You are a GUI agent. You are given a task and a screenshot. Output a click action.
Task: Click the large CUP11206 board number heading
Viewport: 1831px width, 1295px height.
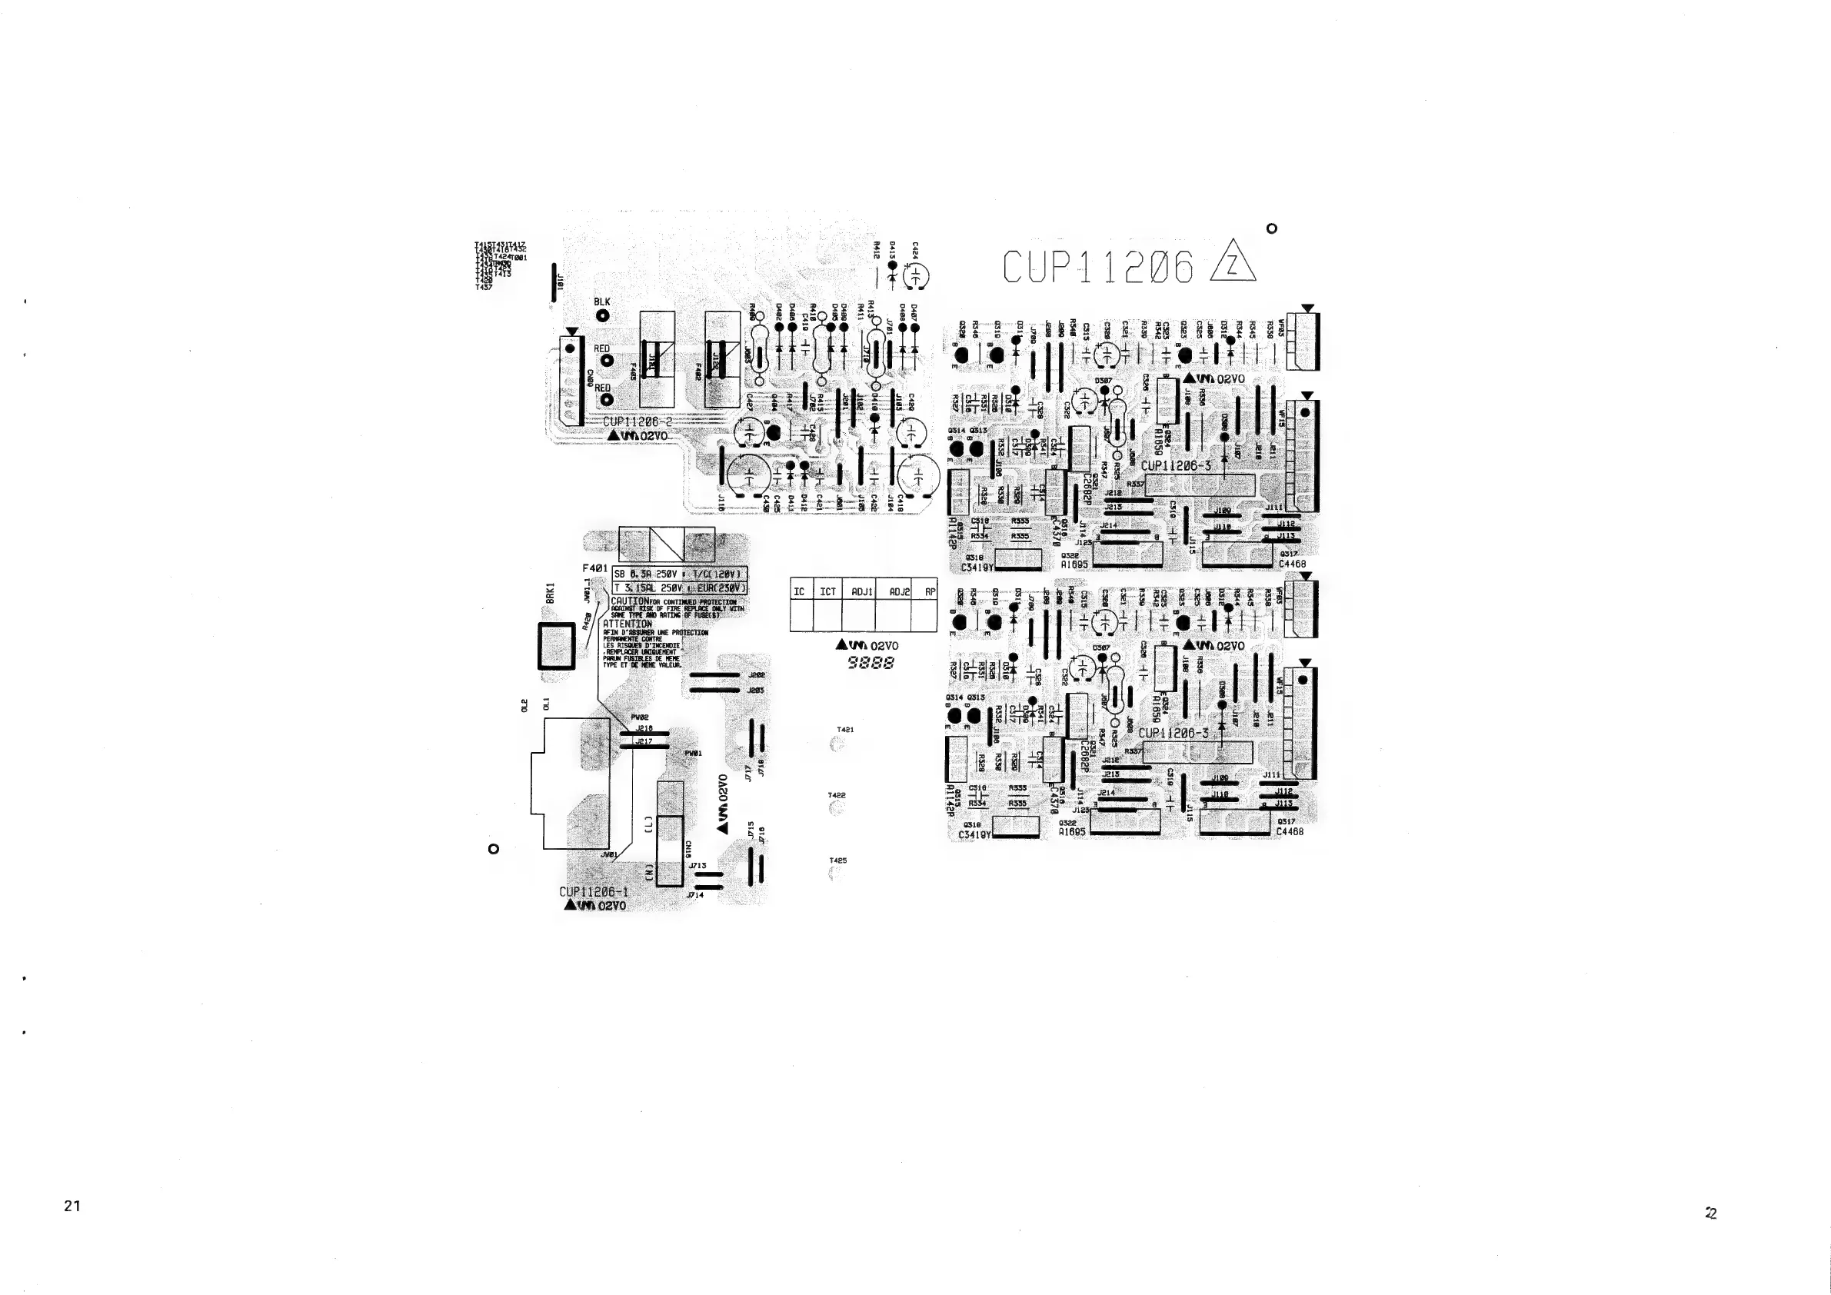coord(1097,267)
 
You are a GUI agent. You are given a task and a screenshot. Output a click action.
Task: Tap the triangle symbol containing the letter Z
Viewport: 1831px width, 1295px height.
coord(1232,263)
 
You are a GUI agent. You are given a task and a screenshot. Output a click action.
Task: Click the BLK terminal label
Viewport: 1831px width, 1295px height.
coord(602,302)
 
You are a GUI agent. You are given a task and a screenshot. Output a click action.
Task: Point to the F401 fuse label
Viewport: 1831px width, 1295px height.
coord(595,568)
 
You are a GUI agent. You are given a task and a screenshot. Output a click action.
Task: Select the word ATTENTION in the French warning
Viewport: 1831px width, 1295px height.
coord(628,624)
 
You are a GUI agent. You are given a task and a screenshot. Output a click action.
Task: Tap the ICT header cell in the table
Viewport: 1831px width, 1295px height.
coord(827,591)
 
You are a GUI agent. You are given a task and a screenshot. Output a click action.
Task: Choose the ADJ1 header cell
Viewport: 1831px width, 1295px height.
coord(862,591)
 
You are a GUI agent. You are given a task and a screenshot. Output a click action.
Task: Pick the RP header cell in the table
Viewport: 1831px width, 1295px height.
coord(929,591)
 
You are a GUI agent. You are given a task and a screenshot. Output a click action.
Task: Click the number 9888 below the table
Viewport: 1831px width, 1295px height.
coord(871,663)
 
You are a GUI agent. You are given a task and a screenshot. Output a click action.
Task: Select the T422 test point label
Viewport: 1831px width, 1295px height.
coord(837,795)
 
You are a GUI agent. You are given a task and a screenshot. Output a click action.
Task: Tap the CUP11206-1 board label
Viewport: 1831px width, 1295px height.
coord(594,892)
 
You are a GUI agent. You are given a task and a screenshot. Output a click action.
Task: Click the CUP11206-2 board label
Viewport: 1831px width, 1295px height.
coord(638,423)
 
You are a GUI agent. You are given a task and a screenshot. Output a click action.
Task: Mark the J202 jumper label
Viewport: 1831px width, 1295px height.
coord(757,675)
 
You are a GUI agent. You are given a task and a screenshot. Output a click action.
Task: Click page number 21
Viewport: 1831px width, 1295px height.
coord(72,1206)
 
